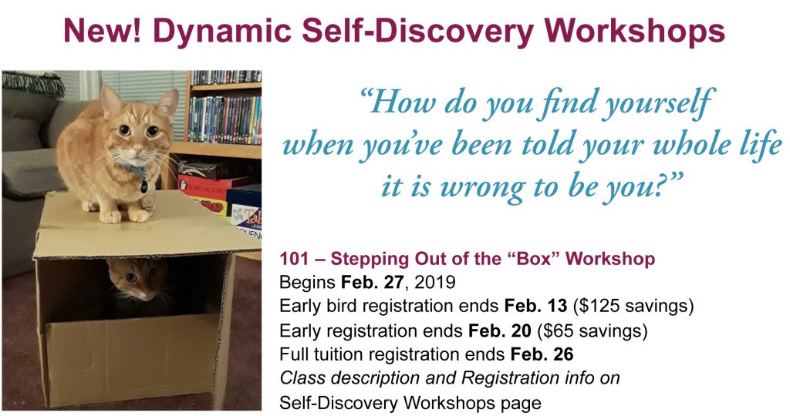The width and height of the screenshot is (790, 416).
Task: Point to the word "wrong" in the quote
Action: pyautogui.click(x=479, y=187)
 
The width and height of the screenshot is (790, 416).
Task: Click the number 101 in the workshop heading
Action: pyautogui.click(x=293, y=259)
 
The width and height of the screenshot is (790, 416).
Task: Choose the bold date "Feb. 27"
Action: pyautogui.click(x=372, y=282)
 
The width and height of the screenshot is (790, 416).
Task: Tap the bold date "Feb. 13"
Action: pyautogui.click(x=535, y=306)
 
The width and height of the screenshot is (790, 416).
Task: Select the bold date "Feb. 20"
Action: pyautogui.click(x=500, y=330)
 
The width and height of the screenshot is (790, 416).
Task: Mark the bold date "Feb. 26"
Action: pyautogui.click(x=542, y=354)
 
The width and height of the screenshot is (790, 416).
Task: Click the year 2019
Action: pyautogui.click(x=434, y=282)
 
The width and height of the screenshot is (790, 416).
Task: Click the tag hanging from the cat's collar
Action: pyautogui.click(x=144, y=185)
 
